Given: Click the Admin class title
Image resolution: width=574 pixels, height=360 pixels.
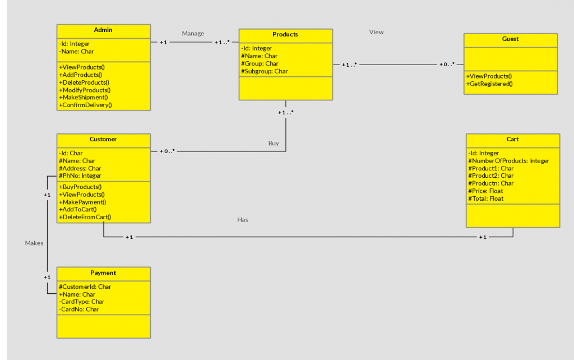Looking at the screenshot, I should [x=103, y=30].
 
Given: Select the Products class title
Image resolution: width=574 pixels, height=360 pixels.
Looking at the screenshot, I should [x=285, y=34].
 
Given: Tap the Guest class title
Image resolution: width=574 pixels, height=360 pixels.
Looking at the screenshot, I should [x=510, y=39].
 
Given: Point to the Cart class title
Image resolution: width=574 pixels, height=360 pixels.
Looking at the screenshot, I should [x=512, y=139].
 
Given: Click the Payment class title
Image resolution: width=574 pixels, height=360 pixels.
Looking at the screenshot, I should [x=103, y=273].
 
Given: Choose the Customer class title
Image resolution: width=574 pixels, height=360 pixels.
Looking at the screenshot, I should [x=103, y=139].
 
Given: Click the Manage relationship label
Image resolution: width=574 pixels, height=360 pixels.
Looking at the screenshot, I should [x=193, y=34].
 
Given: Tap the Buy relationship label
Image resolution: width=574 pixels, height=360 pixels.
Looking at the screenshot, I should [x=274, y=144].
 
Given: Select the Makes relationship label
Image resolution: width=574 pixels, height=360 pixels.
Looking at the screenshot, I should [x=34, y=243].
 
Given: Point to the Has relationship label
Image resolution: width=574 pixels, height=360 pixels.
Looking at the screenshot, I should [x=243, y=220].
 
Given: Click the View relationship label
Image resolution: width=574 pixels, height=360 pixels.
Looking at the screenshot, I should [x=376, y=33].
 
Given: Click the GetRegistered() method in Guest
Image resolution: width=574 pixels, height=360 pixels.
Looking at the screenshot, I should [x=489, y=84].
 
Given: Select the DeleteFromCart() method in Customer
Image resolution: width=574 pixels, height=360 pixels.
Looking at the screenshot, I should [x=85, y=217].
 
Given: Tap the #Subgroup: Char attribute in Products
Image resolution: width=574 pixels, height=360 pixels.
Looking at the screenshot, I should [x=265, y=71].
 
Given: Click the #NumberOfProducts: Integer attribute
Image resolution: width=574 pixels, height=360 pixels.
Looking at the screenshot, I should [x=508, y=161].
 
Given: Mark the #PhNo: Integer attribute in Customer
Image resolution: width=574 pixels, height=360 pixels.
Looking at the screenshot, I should [x=80, y=176].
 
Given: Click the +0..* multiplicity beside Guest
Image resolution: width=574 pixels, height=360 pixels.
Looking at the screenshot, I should [x=447, y=64].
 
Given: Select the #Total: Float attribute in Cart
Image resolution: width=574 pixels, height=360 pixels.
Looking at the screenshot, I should [x=485, y=199].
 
